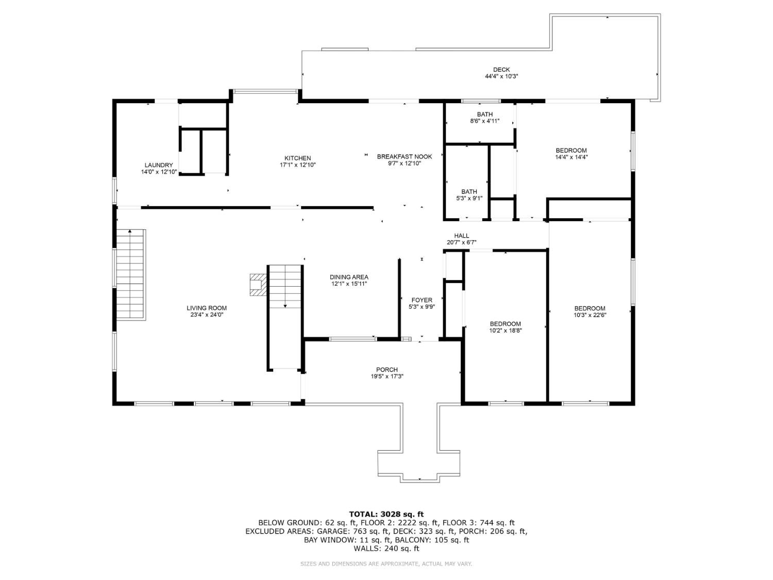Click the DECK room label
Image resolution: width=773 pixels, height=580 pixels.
pos(501,70)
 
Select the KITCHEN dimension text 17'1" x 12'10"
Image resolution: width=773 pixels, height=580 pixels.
pos(297,165)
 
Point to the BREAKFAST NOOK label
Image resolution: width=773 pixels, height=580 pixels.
pos(404,157)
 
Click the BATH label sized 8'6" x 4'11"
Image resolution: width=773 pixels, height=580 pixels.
pos(484,114)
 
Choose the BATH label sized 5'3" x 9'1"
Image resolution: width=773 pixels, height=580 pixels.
pos(469,192)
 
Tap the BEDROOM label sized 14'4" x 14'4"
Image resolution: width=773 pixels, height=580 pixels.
pos(570,151)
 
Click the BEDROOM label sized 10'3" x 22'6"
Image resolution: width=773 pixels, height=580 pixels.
pos(590,308)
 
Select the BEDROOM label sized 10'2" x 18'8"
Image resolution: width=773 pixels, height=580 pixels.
pos(505,324)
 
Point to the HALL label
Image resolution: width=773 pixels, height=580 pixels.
pos(461,236)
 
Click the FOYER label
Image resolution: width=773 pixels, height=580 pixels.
pos(422,300)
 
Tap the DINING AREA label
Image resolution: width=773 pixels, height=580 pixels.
pos(349,277)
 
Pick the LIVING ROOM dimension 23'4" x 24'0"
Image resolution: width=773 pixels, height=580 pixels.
pos(207,314)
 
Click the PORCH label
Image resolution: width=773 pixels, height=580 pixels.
pos(386,370)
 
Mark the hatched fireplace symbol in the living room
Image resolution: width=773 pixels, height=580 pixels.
pos(257,284)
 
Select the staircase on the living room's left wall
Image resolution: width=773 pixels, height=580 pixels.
pos(130,274)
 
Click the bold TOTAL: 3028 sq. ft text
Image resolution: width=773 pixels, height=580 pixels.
pos(386,514)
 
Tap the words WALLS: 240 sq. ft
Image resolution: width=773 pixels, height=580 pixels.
pos(386,549)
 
